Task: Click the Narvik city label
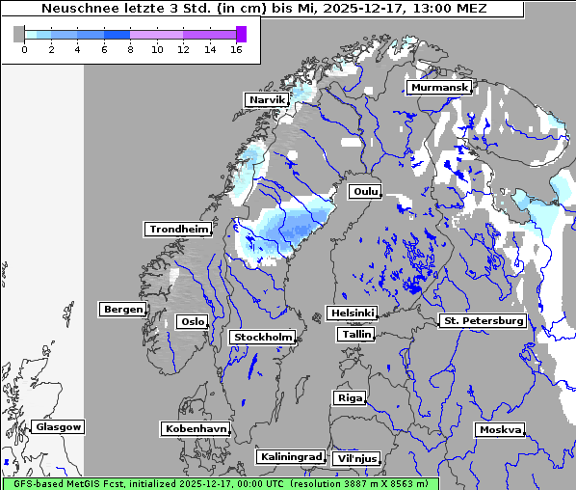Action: (x=267, y=99)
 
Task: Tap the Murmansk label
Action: (x=438, y=88)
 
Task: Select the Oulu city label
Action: (x=364, y=192)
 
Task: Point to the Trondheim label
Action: (x=178, y=229)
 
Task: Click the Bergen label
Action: (x=121, y=310)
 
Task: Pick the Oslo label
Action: (x=192, y=322)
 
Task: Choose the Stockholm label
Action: (x=262, y=337)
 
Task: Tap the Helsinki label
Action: (x=352, y=313)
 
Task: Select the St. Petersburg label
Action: (x=482, y=320)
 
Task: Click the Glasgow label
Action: (x=58, y=426)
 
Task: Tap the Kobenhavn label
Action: (x=196, y=427)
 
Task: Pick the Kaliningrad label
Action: (x=290, y=456)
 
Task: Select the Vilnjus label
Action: (x=356, y=458)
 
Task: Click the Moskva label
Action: (x=500, y=429)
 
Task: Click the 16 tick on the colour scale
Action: (x=235, y=50)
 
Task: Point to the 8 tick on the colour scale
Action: (x=130, y=50)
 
